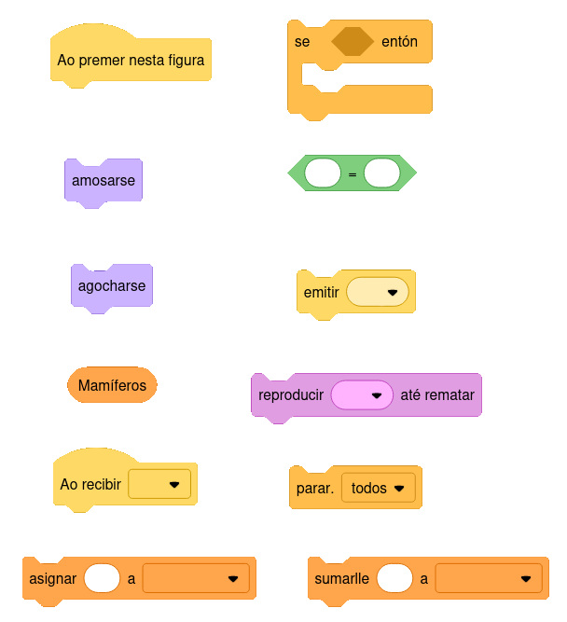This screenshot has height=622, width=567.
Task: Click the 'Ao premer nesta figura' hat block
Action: click(131, 60)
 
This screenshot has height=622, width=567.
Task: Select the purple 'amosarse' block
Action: click(104, 180)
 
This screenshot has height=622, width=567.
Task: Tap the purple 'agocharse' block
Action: click(112, 285)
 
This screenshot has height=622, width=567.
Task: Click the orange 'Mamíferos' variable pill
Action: click(112, 384)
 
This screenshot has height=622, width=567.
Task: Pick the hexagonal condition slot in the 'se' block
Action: click(353, 42)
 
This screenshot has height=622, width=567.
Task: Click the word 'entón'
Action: click(400, 42)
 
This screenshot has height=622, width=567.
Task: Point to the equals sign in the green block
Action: click(353, 173)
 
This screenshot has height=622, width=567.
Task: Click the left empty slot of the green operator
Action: click(323, 173)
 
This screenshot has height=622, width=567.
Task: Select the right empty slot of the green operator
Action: click(381, 173)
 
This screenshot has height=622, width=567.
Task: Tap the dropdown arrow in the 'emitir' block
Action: click(392, 292)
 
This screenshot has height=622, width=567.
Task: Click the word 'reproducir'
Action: click(291, 395)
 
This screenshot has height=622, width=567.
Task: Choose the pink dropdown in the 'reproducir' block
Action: click(362, 395)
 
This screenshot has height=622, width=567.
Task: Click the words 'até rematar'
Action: click(437, 395)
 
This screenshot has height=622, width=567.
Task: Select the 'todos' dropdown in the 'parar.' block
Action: click(378, 488)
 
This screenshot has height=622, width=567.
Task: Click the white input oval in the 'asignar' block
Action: click(102, 578)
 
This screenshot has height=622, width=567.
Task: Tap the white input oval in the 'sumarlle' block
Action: click(394, 578)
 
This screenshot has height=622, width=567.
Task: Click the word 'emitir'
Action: click(322, 292)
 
